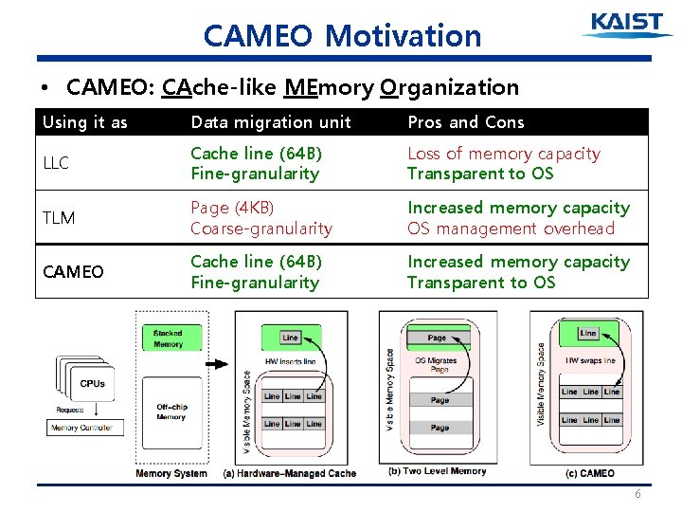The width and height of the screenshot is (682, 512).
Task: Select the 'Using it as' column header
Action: (85, 122)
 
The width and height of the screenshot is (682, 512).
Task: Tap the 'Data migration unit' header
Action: (271, 122)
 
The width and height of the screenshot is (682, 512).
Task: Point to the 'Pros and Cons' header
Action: (465, 122)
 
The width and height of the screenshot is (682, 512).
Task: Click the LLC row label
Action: (56, 163)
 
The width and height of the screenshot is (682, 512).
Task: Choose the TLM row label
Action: (59, 218)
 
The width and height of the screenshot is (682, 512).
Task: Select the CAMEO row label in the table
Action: (74, 272)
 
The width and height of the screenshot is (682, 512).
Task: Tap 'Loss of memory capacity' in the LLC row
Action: (503, 154)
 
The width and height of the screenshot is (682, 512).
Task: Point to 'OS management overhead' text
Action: (511, 229)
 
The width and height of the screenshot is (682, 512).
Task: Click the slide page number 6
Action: (638, 495)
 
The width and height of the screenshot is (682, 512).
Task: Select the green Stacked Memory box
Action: (169, 338)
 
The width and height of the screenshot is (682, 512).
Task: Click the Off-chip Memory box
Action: (170, 411)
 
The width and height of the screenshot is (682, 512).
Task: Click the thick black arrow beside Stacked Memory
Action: (216, 363)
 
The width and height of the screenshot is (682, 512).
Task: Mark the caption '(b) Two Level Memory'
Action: (438, 471)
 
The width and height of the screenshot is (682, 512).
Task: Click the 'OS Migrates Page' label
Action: (437, 365)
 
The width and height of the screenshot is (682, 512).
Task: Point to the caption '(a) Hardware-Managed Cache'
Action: (289, 472)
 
